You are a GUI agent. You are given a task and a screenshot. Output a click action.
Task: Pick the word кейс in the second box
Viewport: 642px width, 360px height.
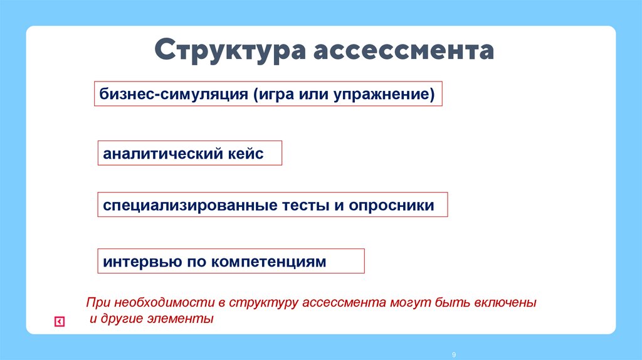(241, 154)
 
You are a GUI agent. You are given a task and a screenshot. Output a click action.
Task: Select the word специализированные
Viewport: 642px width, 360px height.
(192, 206)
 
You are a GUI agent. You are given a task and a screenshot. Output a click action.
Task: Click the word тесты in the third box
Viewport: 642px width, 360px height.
(307, 206)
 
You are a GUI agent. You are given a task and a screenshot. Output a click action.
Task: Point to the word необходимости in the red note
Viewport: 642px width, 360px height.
(159, 302)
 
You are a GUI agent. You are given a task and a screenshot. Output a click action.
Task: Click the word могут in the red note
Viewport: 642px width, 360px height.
(407, 302)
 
